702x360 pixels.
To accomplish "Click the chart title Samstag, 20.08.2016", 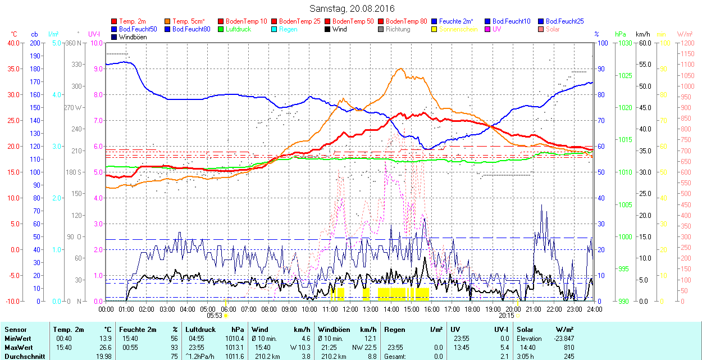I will coord(352,8).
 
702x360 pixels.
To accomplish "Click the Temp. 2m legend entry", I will coord(133,21).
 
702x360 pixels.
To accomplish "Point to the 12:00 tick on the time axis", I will coord(350,309).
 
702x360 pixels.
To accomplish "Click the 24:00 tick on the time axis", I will coord(595,309).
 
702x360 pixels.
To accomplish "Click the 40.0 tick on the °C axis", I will coord(12,43).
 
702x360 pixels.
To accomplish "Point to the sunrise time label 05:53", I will coord(215,316).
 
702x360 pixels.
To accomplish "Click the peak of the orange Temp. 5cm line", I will coord(400,69).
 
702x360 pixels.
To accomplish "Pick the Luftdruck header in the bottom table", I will coord(200,330).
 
